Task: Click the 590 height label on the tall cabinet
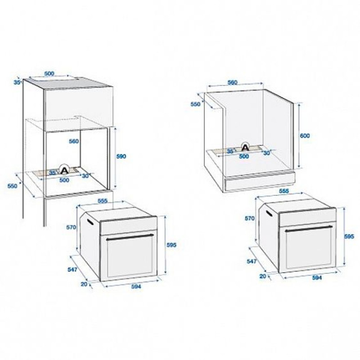[121, 156]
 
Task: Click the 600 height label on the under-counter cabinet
[305, 136]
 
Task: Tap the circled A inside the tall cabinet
[65, 170]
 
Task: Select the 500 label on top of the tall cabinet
[49, 74]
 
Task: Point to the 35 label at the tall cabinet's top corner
[17, 82]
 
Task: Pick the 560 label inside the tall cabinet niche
[74, 141]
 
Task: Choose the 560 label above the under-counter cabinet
[232, 82]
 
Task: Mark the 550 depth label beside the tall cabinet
[13, 186]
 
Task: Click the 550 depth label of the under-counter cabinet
[196, 104]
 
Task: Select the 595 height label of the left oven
[171, 245]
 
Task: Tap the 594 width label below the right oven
[317, 278]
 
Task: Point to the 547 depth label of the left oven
[72, 270]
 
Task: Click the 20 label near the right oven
[263, 276]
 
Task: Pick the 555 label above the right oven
[284, 191]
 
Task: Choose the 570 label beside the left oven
[71, 227]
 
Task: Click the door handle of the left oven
[130, 237]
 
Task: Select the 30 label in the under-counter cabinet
[266, 153]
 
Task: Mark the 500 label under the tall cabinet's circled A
[64, 180]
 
